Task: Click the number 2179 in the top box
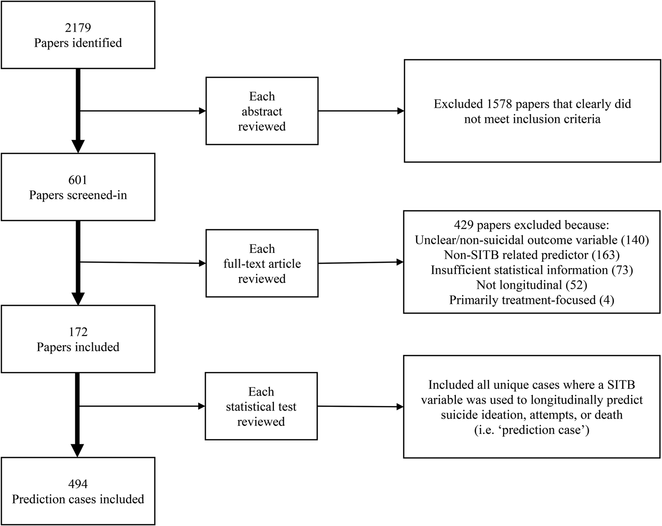point(78,28)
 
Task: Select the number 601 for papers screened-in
point(78,180)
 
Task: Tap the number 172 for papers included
point(78,332)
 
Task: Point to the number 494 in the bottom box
point(78,484)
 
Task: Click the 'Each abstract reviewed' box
point(261,112)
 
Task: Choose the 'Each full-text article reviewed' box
point(261,264)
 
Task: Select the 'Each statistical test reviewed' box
point(261,406)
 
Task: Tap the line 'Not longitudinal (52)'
point(531,285)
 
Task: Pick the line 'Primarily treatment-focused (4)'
point(531,300)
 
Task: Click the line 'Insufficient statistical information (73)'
point(531,270)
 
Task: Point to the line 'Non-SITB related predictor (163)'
point(531,255)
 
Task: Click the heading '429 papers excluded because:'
point(531,225)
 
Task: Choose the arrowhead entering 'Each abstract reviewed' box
point(202,112)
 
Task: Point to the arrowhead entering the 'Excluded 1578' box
point(401,112)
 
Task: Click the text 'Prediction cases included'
point(78,500)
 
